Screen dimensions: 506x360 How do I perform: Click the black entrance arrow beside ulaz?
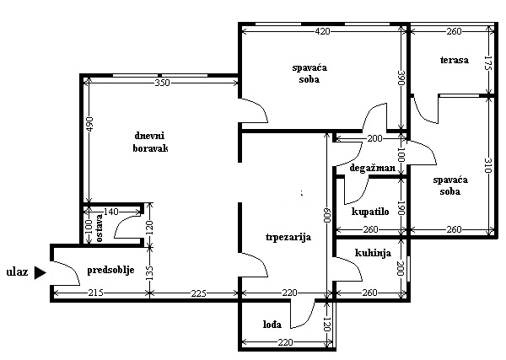click(40, 272)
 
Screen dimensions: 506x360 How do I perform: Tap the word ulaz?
click(17, 271)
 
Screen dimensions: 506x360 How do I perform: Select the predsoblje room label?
click(110, 271)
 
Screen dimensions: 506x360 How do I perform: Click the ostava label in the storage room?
click(99, 228)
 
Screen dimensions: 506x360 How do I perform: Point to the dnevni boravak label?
click(150, 142)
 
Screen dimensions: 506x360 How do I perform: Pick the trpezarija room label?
click(288, 238)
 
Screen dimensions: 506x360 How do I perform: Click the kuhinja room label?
click(373, 253)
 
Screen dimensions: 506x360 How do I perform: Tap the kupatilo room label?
click(370, 212)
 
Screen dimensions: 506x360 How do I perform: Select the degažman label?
click(373, 168)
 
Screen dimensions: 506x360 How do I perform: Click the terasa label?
click(455, 60)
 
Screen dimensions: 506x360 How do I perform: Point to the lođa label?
click(272, 325)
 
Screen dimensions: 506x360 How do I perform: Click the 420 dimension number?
click(323, 31)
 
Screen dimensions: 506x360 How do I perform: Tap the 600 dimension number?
click(327, 214)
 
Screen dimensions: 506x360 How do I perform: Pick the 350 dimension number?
click(162, 83)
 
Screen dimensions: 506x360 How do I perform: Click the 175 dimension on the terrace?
click(488, 63)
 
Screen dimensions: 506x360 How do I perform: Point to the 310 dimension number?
click(488, 165)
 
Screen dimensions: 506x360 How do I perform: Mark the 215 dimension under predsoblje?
click(95, 293)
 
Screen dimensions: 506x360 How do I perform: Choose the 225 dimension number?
click(198, 293)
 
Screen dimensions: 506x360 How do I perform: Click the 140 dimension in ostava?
click(111, 212)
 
